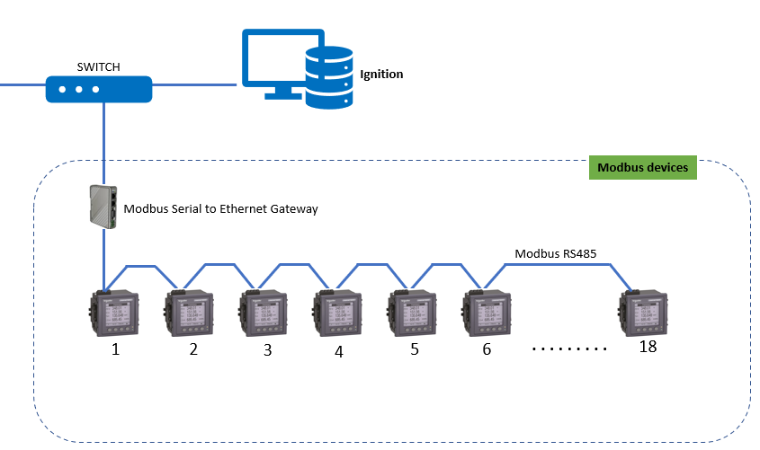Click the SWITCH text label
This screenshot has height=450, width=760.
click(x=98, y=67)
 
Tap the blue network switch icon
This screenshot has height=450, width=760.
click(x=99, y=89)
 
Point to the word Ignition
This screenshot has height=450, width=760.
click(x=381, y=74)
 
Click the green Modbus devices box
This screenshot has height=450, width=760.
click(x=642, y=168)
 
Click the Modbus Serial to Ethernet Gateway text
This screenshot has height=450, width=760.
click(x=220, y=208)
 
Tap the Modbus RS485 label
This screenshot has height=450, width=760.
click(x=555, y=254)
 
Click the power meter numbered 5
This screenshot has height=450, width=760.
click(x=414, y=313)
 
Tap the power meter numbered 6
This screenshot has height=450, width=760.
click(x=487, y=313)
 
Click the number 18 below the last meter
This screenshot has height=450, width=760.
click(x=648, y=347)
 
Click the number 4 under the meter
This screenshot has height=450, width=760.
click(x=339, y=352)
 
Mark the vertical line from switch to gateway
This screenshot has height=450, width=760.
click(x=104, y=144)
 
